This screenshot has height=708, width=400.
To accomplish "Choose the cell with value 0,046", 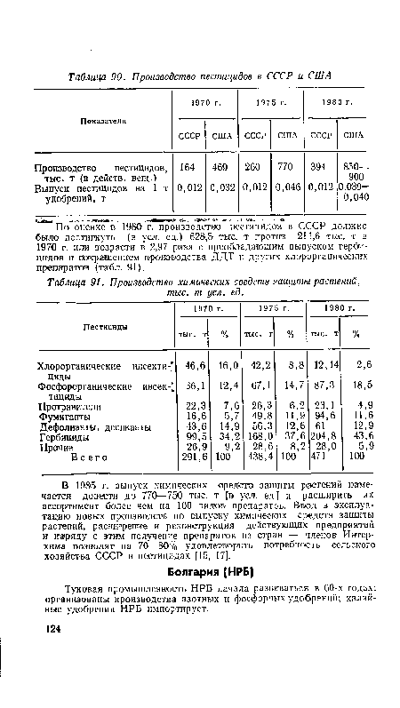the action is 285,189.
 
